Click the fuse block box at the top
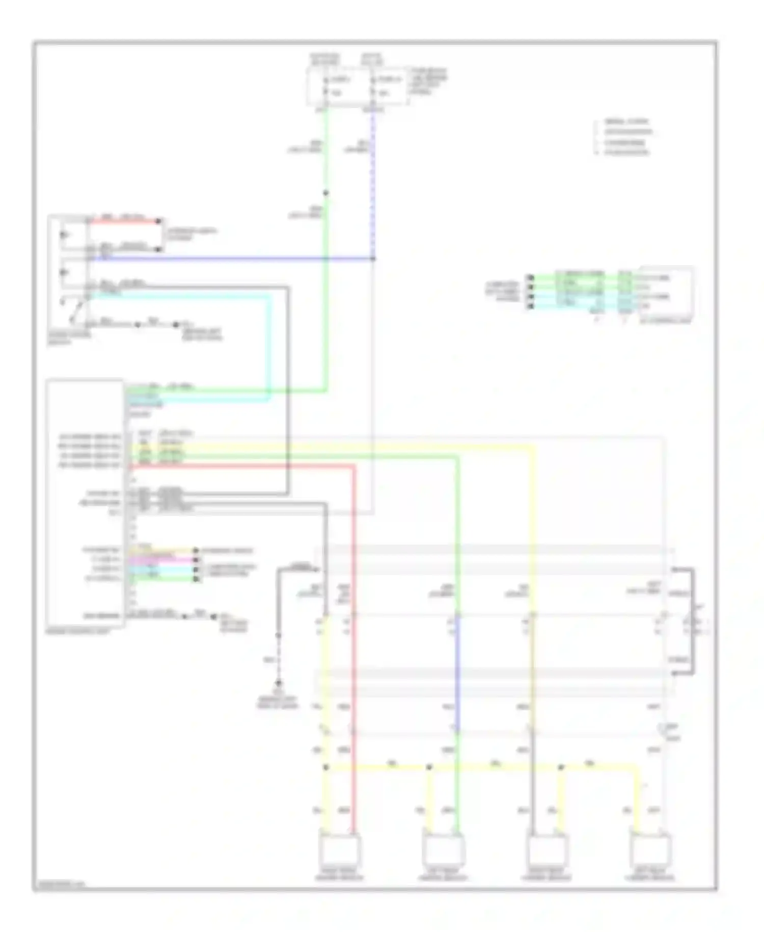357,87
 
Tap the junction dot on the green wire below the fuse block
326,193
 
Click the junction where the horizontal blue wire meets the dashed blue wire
373,258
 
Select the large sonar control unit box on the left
85,502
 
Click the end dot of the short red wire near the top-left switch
159,221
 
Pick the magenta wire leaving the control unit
163,559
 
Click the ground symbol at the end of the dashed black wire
279,683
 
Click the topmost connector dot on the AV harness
531,278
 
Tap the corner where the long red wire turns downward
353,466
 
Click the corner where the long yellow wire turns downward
533,447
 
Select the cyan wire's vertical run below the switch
269,347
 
